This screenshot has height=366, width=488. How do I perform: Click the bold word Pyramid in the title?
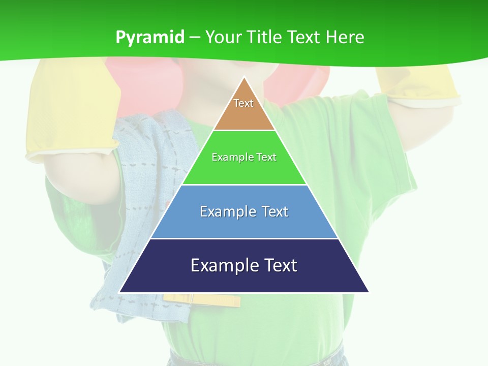150,37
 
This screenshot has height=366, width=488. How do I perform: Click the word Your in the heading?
224,37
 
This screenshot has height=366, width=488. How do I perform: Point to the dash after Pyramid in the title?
195,38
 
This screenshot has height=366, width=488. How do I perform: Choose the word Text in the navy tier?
279,265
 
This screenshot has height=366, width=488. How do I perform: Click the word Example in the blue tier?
226,211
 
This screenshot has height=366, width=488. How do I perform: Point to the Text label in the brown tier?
243,103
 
